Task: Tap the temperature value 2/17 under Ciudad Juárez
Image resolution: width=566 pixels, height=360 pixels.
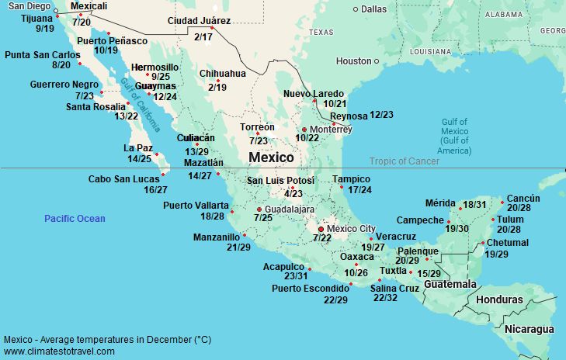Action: [203, 36]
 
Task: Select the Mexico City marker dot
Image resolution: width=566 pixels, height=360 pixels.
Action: [321, 229]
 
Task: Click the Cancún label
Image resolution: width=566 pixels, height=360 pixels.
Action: [523, 199]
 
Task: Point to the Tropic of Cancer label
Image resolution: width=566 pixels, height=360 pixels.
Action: [404, 161]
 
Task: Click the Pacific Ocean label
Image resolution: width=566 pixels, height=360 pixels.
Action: [75, 219]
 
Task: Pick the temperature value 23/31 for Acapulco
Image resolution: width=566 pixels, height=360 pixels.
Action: [296, 276]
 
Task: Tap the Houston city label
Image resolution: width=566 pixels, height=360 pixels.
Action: [353, 61]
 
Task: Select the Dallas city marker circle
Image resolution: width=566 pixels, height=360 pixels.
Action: [356, 9]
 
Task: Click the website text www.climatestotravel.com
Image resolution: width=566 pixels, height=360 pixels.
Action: [59, 351]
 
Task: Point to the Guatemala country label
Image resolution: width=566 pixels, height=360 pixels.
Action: [448, 285]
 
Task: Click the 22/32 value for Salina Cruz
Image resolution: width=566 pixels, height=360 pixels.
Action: [385, 298]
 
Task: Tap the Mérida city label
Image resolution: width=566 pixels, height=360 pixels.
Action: [440, 203]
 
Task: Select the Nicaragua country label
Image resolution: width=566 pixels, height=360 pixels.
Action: [530, 329]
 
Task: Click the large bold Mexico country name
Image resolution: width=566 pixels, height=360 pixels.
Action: [271, 157]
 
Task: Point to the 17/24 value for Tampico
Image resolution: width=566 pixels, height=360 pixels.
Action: [360, 190]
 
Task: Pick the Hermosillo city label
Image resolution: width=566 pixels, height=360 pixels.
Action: [155, 67]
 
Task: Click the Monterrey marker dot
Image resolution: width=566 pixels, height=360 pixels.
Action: [304, 129]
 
